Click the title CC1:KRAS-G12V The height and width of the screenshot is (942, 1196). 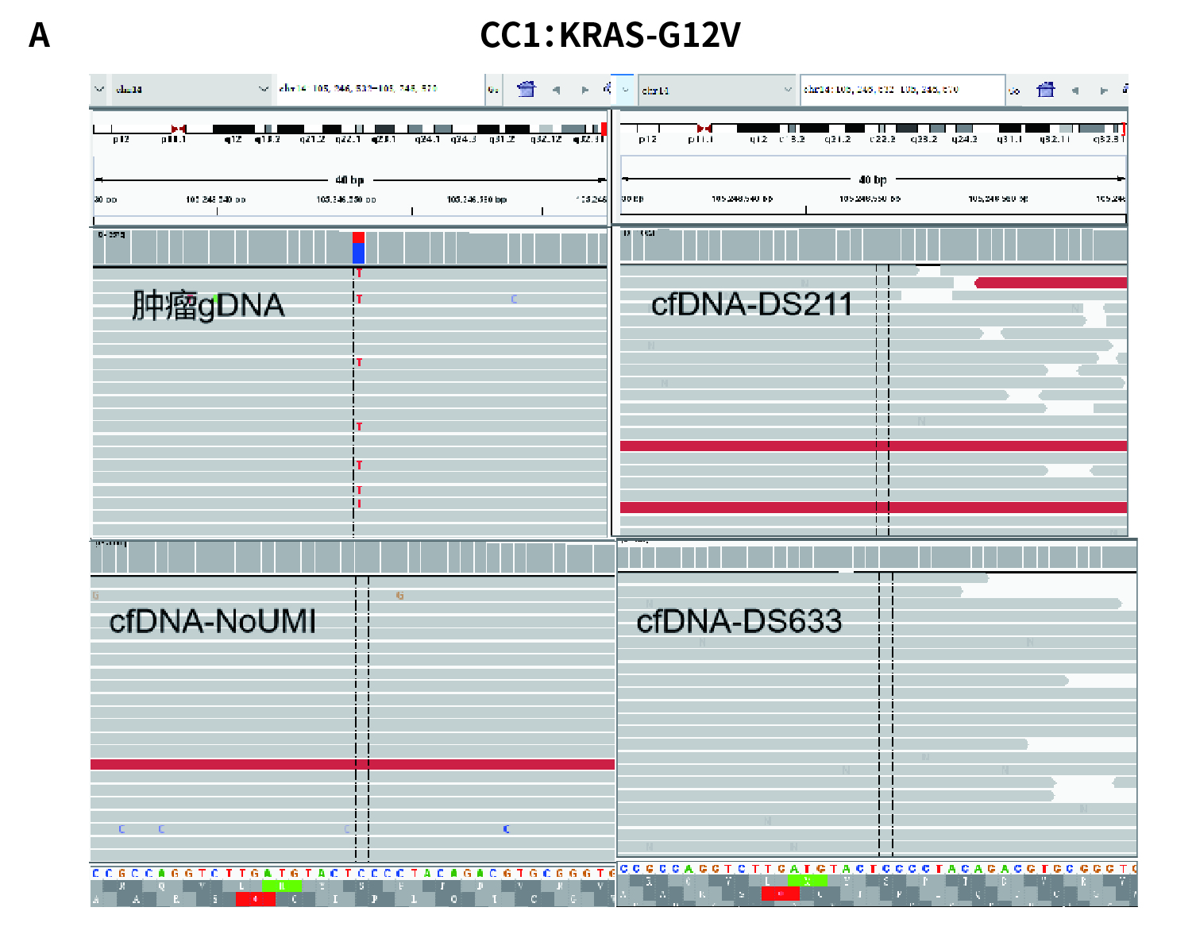click(610, 35)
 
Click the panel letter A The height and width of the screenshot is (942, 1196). click(39, 36)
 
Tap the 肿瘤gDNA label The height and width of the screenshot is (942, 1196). click(208, 306)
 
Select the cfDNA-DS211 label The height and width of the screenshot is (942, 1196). click(751, 304)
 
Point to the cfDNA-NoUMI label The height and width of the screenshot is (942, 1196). click(212, 621)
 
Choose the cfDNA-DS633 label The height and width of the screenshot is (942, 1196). click(739, 621)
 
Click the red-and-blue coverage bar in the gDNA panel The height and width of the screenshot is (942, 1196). click(358, 248)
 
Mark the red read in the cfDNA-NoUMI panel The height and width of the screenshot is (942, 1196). click(353, 764)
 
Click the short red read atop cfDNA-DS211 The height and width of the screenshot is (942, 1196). click(1050, 283)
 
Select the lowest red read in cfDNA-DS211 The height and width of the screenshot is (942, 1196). click(874, 508)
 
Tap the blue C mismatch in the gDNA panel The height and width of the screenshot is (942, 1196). click(514, 299)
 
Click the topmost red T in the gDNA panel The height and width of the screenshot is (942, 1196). click(359, 273)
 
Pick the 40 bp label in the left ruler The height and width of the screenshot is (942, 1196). click(349, 180)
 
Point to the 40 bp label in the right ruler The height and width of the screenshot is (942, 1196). click(873, 180)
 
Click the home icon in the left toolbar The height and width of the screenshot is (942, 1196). click(526, 89)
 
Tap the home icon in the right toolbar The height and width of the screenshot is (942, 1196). click(1045, 90)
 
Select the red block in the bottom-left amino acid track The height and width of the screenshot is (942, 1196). click(255, 899)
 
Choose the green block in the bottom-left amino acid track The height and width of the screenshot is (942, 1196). click(281, 886)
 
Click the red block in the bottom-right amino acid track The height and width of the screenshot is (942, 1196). click(780, 894)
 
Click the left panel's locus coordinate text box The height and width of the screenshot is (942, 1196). click(379, 89)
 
